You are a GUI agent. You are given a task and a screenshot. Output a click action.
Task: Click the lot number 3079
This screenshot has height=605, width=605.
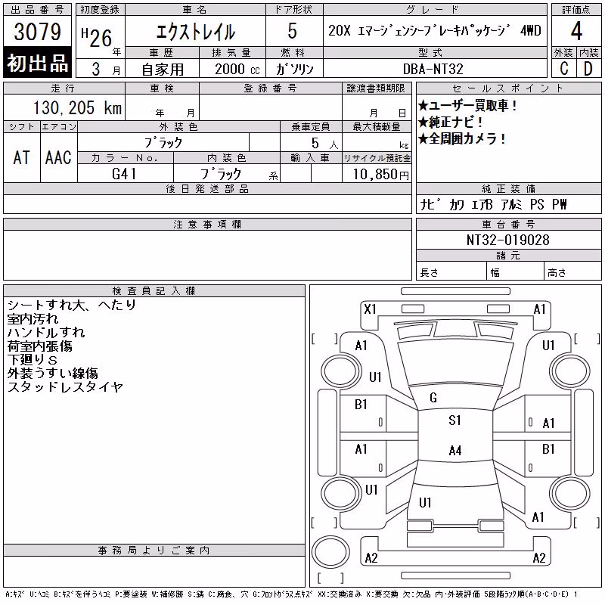(37, 32)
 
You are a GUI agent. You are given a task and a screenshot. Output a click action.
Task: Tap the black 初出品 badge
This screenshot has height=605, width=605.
(37, 63)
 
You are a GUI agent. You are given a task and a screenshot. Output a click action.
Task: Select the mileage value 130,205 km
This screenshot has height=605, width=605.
(77, 107)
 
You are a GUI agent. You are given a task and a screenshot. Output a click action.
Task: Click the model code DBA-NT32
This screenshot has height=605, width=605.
(433, 69)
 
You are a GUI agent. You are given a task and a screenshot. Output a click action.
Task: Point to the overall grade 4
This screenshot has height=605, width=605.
(576, 31)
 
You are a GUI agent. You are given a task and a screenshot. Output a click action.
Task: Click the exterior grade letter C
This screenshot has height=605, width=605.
(563, 69)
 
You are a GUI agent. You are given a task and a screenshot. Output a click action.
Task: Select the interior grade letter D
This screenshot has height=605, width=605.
(588, 69)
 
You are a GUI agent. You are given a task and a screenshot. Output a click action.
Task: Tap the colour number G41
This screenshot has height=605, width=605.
(124, 174)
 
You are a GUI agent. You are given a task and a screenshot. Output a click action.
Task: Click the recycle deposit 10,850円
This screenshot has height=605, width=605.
(381, 175)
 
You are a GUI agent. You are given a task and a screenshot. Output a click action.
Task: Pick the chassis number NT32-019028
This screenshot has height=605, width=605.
(507, 240)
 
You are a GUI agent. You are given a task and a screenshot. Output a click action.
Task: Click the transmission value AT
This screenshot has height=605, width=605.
(21, 157)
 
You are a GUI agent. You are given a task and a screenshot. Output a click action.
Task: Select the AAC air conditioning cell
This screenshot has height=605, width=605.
(58, 157)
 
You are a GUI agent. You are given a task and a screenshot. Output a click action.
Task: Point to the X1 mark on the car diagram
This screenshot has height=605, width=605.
(370, 309)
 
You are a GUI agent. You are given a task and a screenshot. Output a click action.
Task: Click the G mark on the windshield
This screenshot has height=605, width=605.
(433, 398)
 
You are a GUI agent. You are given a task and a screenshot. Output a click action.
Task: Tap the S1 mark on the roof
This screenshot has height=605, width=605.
(455, 420)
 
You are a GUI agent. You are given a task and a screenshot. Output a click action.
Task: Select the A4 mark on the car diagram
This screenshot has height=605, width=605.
(455, 450)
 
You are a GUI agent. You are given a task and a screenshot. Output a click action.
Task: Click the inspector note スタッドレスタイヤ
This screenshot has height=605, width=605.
(65, 386)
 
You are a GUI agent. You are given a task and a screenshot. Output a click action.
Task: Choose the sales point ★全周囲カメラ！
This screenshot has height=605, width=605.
(462, 138)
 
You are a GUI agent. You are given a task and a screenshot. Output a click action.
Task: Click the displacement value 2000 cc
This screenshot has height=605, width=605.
(237, 70)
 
